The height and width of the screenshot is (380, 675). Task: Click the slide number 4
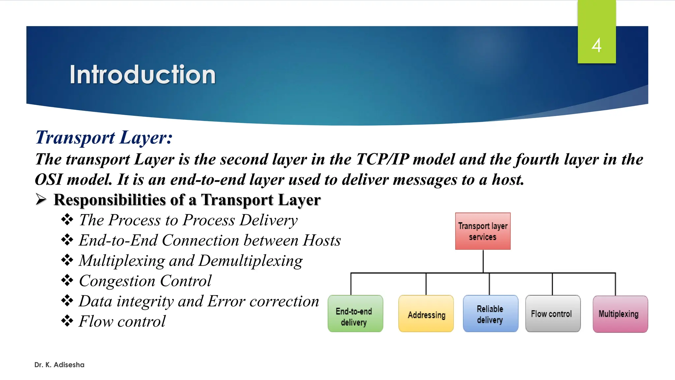(596, 45)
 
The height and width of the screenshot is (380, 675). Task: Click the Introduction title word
(142, 75)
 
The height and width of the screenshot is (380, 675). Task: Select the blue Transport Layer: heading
(104, 138)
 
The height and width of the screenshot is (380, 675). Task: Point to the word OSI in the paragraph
(49, 180)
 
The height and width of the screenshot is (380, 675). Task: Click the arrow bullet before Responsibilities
(41, 200)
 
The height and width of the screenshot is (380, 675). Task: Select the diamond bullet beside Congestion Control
(67, 280)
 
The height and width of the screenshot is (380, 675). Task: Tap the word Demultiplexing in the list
(250, 261)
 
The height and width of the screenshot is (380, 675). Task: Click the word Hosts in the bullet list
(322, 240)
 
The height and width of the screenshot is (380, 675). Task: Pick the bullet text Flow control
(122, 322)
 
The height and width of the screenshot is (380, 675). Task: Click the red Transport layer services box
(483, 231)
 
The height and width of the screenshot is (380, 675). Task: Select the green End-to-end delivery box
(355, 314)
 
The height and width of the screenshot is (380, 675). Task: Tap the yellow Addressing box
(426, 314)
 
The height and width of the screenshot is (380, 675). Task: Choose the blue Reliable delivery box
(490, 314)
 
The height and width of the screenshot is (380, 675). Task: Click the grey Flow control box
(553, 314)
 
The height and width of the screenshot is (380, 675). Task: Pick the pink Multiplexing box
(620, 314)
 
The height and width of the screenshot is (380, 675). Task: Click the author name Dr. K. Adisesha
(59, 365)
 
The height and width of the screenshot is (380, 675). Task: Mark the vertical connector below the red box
(483, 261)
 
